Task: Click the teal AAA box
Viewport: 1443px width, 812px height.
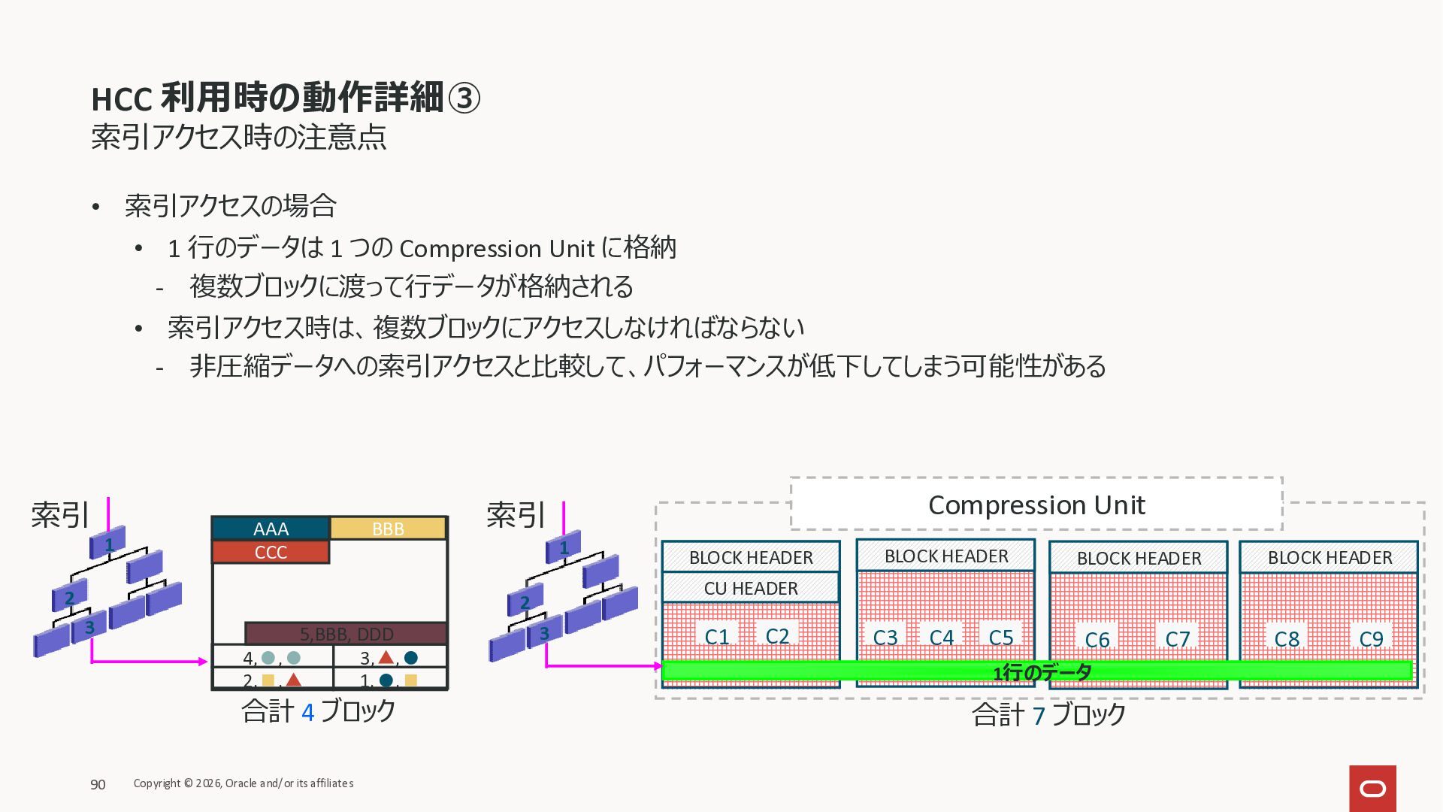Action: tap(271, 529)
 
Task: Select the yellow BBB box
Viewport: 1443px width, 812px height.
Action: tap(388, 529)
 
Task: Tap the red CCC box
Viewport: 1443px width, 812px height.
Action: tap(271, 552)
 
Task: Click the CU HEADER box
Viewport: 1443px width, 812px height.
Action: tap(751, 588)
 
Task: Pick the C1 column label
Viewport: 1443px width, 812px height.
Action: tap(717, 637)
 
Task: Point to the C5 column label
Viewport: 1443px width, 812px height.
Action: tap(1001, 638)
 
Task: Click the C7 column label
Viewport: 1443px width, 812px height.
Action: tap(1177, 639)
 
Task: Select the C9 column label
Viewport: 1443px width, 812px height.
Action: tap(1371, 639)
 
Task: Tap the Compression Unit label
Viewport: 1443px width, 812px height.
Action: tap(1036, 504)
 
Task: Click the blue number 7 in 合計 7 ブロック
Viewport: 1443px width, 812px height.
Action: tap(1039, 716)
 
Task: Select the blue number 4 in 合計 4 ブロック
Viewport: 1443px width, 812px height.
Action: tap(307, 712)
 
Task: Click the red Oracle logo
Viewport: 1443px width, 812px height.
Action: tap(1372, 788)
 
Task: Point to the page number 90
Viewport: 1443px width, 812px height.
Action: tap(98, 784)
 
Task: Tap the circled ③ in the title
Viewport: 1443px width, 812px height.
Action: tap(464, 98)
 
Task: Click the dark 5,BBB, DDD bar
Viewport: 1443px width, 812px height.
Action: tap(346, 633)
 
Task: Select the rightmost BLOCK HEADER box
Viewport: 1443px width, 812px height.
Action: tap(1329, 557)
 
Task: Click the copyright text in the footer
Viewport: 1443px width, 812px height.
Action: tap(244, 783)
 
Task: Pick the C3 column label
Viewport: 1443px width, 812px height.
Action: tap(885, 638)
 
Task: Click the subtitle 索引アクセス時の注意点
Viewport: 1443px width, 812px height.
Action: tap(239, 137)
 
